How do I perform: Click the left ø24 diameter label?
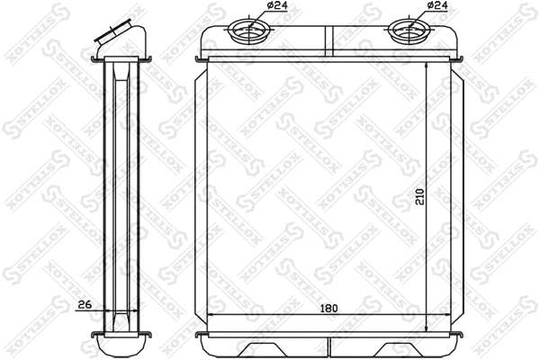coord(277,6)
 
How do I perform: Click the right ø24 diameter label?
coord(437,6)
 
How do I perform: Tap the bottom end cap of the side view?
coord(121,346)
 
